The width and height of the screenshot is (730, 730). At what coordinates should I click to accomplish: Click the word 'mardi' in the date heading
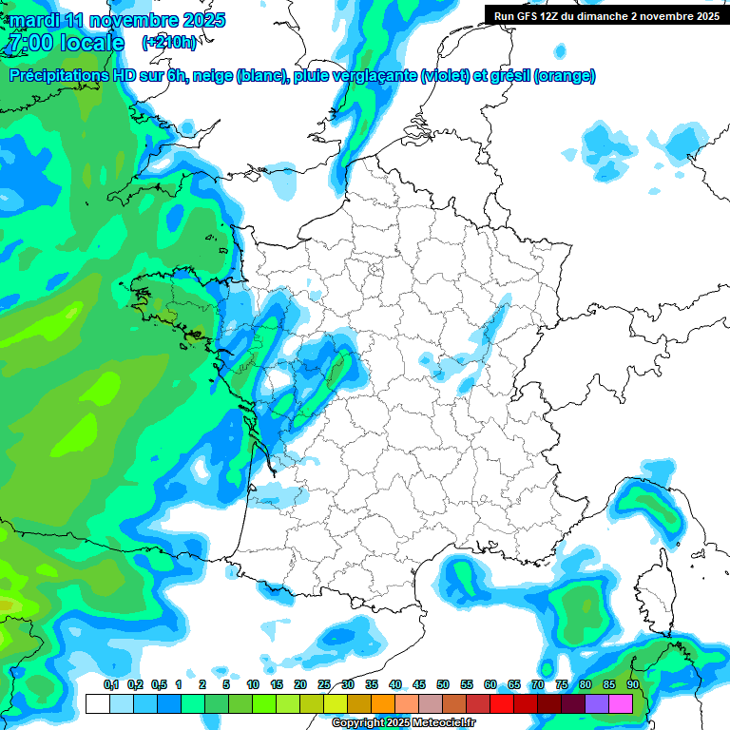pos(35,20)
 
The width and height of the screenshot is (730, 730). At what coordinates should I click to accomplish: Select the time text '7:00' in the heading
pos(27,43)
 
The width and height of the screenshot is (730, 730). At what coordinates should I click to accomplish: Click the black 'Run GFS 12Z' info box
pos(605,15)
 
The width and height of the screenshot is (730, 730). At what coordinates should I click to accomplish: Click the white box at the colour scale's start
pos(97,704)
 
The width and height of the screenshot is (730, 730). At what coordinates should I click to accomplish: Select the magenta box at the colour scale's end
pos(621,704)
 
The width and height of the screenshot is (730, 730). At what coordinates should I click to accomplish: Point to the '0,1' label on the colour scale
pos(110,684)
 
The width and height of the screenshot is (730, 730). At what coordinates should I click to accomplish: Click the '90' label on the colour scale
pos(632,684)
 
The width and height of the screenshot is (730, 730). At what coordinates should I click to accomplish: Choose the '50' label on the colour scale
pos(442,684)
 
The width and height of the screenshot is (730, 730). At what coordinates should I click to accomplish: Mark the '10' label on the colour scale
pos(252,684)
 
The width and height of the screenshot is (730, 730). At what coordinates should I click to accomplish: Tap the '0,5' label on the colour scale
pos(158,684)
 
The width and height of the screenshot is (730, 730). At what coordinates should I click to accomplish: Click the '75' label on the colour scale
pos(561,684)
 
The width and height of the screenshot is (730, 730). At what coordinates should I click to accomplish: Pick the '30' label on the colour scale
pos(347,684)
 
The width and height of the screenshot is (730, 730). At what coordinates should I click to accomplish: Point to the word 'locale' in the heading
pos(92,43)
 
